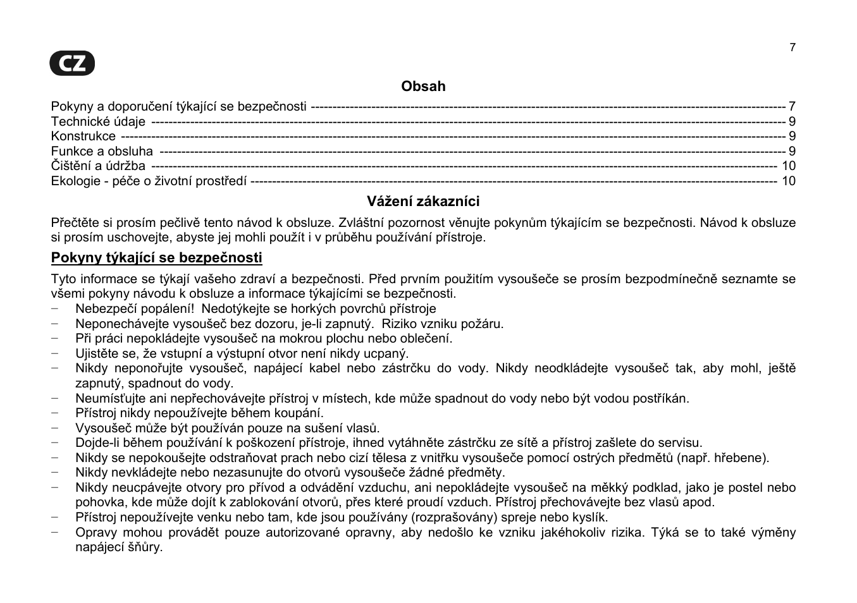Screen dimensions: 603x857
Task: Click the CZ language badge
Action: point(73,64)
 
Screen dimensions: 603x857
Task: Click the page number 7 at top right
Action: point(792,47)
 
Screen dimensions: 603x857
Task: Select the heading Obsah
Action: point(423,87)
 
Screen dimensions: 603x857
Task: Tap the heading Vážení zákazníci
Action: point(423,202)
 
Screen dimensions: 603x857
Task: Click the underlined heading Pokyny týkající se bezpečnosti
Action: point(156,258)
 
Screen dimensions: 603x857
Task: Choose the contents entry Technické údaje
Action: point(98,121)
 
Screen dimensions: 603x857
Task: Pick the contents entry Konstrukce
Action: point(83,137)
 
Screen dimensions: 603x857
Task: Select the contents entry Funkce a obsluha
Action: point(102,151)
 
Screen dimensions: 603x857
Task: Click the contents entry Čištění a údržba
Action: point(98,166)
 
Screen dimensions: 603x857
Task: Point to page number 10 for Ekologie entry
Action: point(788,181)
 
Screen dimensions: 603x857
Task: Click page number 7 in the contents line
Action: point(792,106)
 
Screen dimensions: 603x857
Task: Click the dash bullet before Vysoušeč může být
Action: point(56,429)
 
